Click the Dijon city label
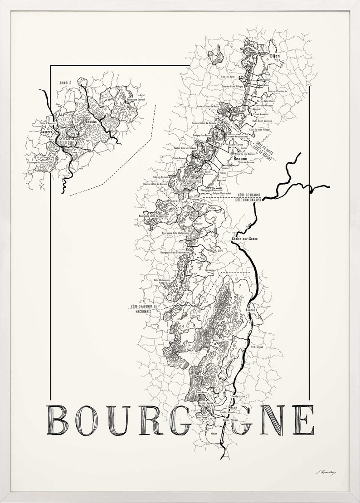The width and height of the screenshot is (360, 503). [275, 56]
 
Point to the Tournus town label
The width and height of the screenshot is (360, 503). [252, 310]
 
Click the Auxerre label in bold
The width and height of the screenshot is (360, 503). [46, 132]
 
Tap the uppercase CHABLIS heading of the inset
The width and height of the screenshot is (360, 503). [67, 83]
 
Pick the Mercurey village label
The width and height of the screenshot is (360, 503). [198, 223]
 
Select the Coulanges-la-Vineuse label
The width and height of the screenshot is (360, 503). [38, 163]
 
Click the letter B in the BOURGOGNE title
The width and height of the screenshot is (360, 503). [58, 420]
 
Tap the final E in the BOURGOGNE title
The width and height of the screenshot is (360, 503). [303, 420]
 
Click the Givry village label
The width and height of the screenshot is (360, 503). [221, 250]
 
